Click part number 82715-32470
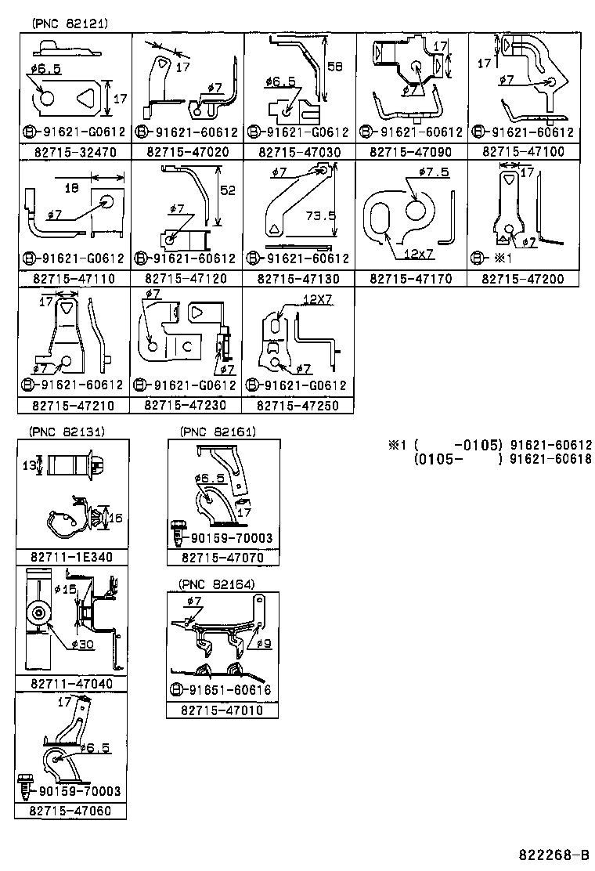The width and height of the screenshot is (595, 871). (75, 152)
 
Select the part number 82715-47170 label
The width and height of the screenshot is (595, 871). (411, 278)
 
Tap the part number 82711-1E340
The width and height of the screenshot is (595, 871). (71, 557)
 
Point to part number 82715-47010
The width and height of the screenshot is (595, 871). (222, 710)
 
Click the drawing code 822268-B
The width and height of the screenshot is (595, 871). (554, 854)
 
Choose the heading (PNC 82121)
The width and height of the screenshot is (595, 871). (70, 23)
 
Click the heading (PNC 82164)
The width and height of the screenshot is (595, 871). (216, 584)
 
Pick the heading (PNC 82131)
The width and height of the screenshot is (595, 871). (67, 432)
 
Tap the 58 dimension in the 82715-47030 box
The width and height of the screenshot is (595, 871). (335, 67)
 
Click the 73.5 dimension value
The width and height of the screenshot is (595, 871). (320, 215)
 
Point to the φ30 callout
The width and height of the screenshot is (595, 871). (83, 645)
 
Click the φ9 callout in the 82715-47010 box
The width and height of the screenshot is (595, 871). (264, 643)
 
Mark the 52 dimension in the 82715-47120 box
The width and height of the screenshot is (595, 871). (228, 190)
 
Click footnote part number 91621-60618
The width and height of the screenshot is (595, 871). (550, 459)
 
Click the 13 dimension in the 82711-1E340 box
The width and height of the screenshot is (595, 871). (29, 465)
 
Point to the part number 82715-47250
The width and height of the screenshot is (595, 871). (297, 406)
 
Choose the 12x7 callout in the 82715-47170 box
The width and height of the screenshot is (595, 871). (419, 254)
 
